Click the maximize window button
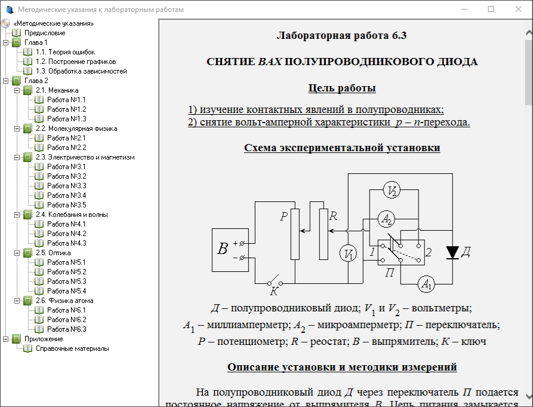491,10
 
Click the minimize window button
463,10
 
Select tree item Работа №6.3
66,329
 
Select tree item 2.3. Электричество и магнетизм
85,157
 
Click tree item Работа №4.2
66,234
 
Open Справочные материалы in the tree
72,348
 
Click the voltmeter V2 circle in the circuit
392,191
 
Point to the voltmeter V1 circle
349,253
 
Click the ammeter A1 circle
426,284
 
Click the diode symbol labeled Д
452,253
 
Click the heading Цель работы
341,88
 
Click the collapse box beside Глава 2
6,81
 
